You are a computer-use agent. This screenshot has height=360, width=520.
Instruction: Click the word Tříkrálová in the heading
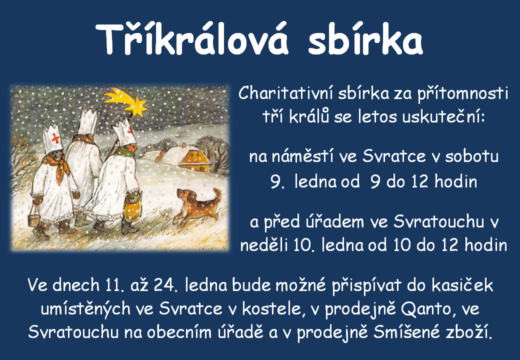[x=192, y=39]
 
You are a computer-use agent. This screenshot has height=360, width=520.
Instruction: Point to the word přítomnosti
[x=462, y=94]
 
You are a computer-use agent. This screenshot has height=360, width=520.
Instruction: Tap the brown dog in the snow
[x=197, y=206]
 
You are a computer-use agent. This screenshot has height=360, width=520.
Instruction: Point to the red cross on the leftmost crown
[x=56, y=139]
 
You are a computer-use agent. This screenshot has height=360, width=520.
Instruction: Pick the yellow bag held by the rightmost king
[x=132, y=207]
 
